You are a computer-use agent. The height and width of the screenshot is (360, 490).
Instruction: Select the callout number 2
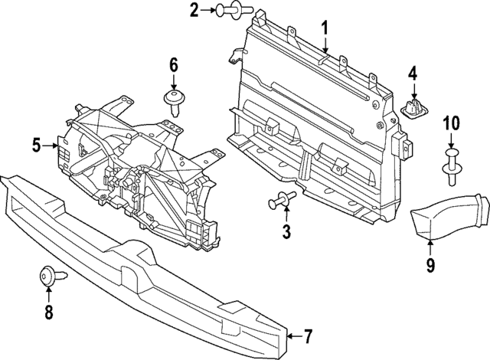point(194,10)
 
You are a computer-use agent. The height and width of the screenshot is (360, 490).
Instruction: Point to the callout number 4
point(412,74)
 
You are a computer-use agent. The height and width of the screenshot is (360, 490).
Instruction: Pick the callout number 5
point(36,143)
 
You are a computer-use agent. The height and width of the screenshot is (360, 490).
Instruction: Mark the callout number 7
point(308,335)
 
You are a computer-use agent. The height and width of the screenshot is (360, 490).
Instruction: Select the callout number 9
point(430,265)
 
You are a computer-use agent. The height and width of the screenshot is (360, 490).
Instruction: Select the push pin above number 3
point(282,201)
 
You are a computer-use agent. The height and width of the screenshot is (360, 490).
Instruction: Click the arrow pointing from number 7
point(293,335)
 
